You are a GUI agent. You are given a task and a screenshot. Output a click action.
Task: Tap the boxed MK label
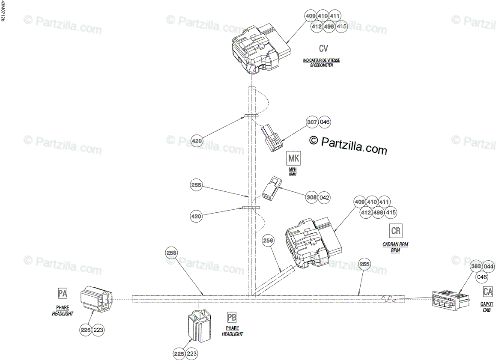coord(294,159)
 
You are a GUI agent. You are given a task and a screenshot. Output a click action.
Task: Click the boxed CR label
coord(396,231)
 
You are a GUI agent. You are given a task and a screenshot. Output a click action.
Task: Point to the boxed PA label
coord(63,293)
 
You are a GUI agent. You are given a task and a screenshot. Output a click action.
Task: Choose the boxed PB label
coord(232,317)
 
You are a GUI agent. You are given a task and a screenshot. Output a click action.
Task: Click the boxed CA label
coord(487,292)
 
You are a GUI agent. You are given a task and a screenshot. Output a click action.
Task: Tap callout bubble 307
coord(312,122)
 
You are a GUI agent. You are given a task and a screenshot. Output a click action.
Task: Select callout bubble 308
coord(312,198)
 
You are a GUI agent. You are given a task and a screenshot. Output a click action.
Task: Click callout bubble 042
coord(325,198)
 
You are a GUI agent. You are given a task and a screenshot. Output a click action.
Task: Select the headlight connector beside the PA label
coord(96,300)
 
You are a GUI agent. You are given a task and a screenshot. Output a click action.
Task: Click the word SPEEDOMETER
coord(321,65)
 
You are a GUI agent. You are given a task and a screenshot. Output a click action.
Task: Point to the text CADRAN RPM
coord(395,244)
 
